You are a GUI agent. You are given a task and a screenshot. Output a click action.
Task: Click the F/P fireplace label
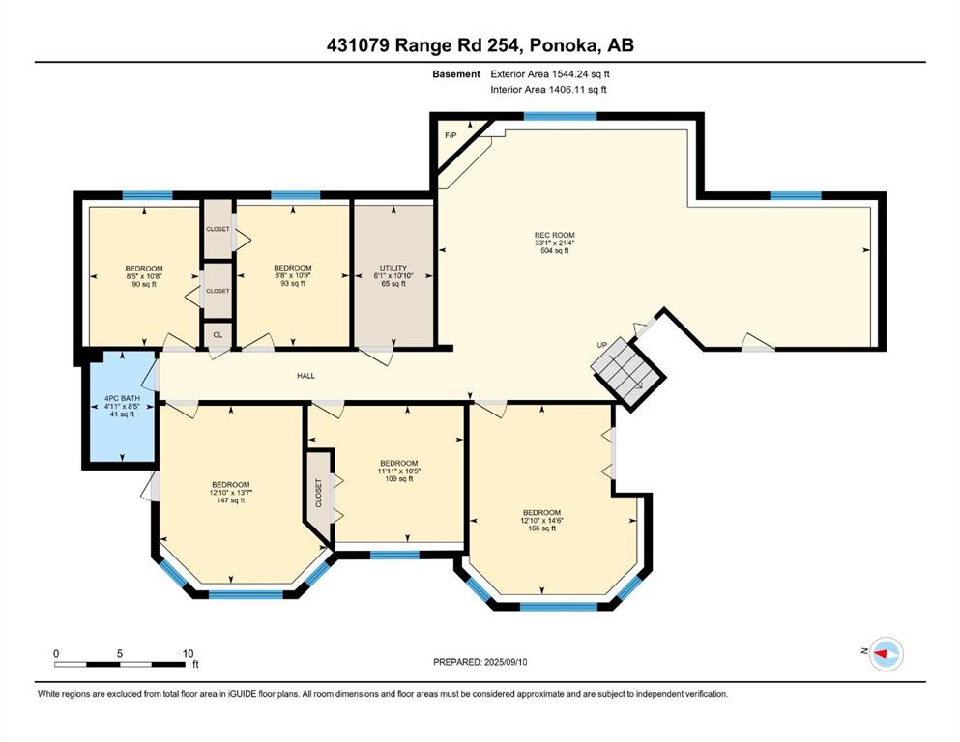pyautogui.click(x=450, y=135)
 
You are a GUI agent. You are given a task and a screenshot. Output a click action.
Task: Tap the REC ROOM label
pyautogui.click(x=555, y=235)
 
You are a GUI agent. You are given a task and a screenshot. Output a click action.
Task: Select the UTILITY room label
pyautogui.click(x=393, y=268)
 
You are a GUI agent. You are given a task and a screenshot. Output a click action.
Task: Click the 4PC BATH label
pyautogui.click(x=123, y=398)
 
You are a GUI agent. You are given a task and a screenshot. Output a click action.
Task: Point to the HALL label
pyautogui.click(x=306, y=376)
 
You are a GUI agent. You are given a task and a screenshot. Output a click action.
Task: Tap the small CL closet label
pyautogui.click(x=218, y=335)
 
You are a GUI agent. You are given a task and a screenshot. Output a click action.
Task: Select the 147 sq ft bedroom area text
pyautogui.click(x=231, y=500)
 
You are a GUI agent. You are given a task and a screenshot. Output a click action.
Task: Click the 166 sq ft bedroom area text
pyautogui.click(x=541, y=528)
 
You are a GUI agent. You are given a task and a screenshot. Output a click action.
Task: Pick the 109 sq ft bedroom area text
pyautogui.click(x=399, y=479)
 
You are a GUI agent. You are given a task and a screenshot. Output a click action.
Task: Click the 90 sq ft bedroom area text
pyautogui.click(x=144, y=284)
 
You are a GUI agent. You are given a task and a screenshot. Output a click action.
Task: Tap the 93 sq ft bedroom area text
pyautogui.click(x=293, y=283)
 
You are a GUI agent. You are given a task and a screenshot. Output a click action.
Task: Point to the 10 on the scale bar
pyautogui.click(x=188, y=653)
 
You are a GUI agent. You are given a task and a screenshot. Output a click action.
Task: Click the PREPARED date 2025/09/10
pyautogui.click(x=506, y=662)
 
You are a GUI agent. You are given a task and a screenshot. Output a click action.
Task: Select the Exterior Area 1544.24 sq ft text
pyautogui.click(x=550, y=74)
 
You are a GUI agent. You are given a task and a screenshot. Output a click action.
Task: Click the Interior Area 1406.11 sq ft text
pyautogui.click(x=548, y=89)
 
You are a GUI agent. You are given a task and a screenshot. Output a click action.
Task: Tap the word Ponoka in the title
pyautogui.click(x=564, y=45)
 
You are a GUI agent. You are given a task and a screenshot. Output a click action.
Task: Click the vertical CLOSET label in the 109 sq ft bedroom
pyautogui.click(x=318, y=493)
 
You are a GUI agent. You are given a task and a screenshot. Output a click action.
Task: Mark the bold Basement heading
pyautogui.click(x=456, y=74)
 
